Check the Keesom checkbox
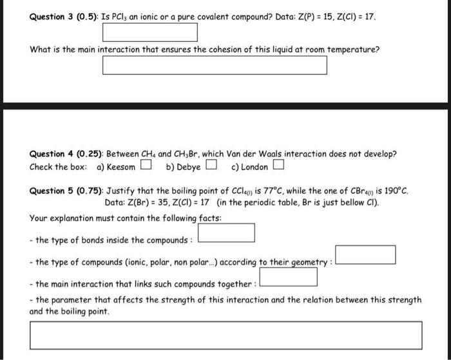click(146, 167)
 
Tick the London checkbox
click(278, 167)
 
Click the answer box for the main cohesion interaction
click(215, 65)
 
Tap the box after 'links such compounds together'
click(288, 277)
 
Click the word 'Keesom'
click(121, 167)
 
